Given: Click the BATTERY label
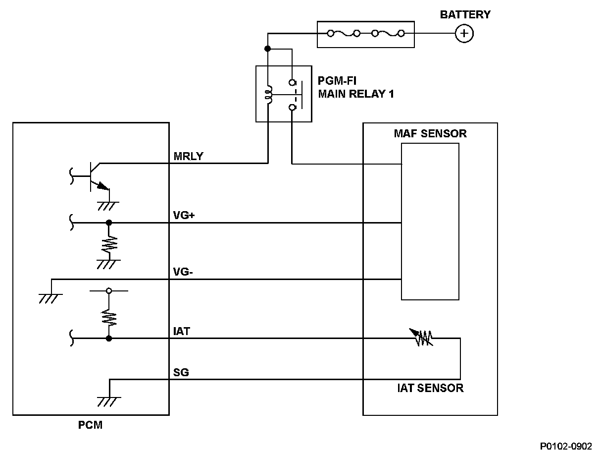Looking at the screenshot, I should (x=465, y=15).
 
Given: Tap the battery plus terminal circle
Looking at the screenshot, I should (x=464, y=34).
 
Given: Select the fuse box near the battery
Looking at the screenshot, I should (x=365, y=34).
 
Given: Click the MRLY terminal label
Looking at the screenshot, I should (x=188, y=157).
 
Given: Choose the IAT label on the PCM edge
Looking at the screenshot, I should (x=182, y=331).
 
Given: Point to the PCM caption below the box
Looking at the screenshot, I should (x=90, y=425).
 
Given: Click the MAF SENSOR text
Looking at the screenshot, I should (x=430, y=134).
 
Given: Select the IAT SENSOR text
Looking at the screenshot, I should (x=430, y=388).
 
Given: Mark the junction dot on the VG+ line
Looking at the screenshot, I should (x=109, y=223).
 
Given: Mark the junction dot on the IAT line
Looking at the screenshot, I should (x=108, y=339).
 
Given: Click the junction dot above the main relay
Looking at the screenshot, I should (x=268, y=49).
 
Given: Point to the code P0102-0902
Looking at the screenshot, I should (x=566, y=446).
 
